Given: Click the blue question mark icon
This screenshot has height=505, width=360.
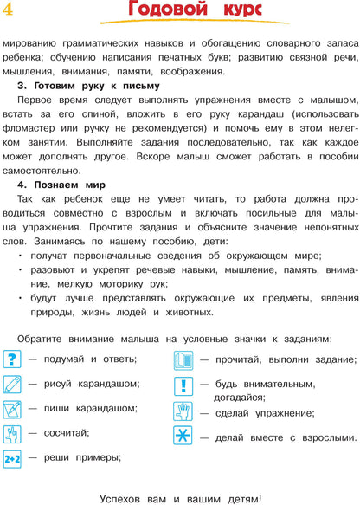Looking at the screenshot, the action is click(x=12, y=359).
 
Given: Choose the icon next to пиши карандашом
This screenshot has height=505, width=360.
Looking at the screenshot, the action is click(x=12, y=408).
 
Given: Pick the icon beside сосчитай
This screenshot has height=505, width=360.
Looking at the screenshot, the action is click(x=12, y=433).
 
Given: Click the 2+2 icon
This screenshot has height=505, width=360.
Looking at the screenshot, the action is click(x=12, y=457).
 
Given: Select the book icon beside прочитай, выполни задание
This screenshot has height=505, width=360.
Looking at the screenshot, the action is click(x=183, y=359).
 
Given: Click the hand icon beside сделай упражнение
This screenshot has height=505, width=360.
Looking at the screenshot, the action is click(x=183, y=411).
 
